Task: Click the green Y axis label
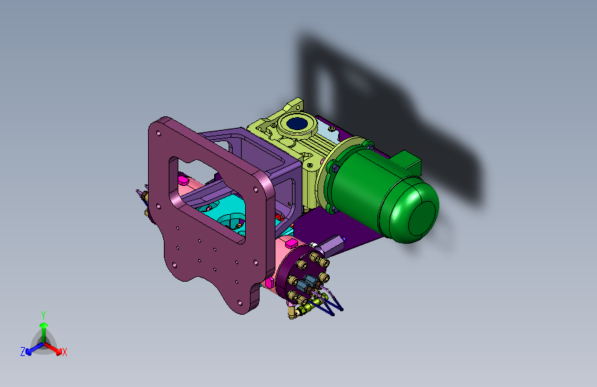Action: coord(43,315)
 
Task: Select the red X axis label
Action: coord(64,352)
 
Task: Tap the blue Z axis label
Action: coord(23,352)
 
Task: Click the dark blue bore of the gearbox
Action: coord(297,123)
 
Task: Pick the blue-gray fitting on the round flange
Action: coord(306,284)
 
